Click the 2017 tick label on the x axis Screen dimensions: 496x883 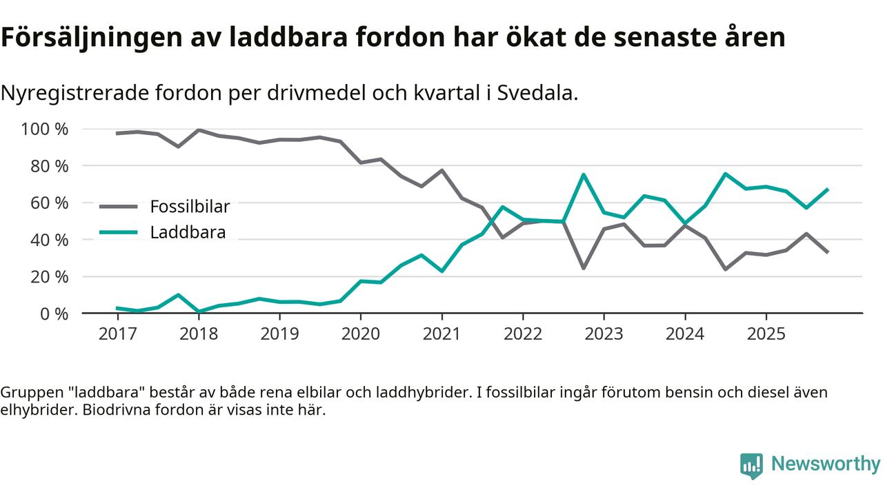click(117, 334)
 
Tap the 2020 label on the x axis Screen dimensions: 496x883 click(361, 334)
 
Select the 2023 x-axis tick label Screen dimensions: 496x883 click(604, 334)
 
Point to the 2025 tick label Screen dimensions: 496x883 click(766, 334)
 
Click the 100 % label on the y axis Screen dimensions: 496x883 click(45, 130)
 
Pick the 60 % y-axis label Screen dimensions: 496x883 click(49, 203)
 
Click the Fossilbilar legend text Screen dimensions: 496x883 click(190, 206)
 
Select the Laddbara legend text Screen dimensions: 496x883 click(188, 232)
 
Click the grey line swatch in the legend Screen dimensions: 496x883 click(119, 206)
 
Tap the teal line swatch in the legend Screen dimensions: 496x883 click(119, 232)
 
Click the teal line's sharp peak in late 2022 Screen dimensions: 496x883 click(584, 174)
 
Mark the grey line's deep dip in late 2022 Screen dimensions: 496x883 click(584, 267)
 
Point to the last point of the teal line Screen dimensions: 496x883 click(826, 189)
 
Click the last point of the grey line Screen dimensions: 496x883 click(826, 252)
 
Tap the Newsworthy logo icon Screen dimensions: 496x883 click(751, 465)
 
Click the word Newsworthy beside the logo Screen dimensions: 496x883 click(826, 464)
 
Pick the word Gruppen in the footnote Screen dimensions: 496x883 click(26, 393)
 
